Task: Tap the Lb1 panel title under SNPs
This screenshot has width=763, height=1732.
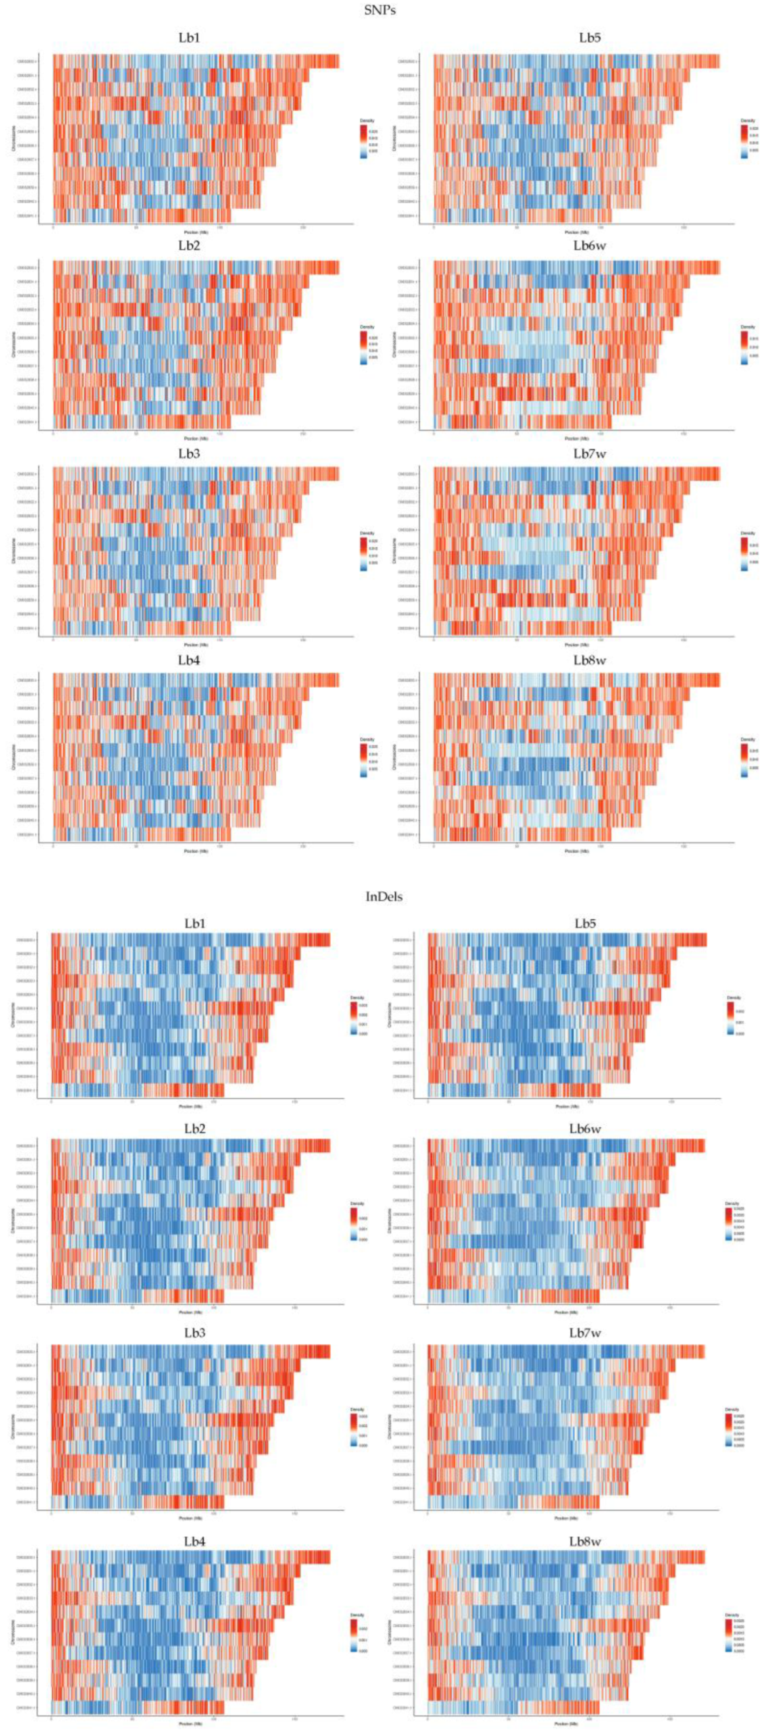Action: click(x=189, y=38)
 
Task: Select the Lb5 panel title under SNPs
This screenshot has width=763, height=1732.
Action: click(x=590, y=38)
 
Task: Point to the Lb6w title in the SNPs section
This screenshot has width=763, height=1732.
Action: click(x=590, y=246)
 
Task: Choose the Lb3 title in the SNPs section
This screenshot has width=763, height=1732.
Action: click(x=189, y=454)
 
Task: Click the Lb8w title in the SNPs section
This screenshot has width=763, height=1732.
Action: click(x=590, y=660)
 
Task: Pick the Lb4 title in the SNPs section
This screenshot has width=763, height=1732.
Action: click(x=189, y=660)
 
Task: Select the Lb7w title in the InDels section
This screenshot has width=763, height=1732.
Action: click(x=585, y=1333)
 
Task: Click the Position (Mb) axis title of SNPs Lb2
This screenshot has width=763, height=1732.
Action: click(x=196, y=438)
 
